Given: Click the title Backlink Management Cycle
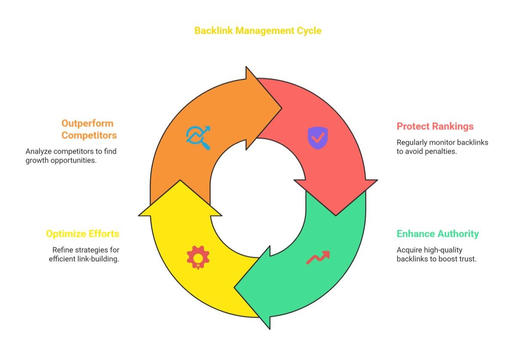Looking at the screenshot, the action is click(x=258, y=31).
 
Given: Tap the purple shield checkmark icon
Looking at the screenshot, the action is click(x=318, y=138).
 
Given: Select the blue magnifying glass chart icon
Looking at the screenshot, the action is click(x=198, y=137).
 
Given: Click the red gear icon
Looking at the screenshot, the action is click(x=198, y=257).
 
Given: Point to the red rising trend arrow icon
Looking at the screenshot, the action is click(x=318, y=257).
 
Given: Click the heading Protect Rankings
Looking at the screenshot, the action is click(x=435, y=126).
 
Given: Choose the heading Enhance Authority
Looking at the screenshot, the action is click(x=437, y=234).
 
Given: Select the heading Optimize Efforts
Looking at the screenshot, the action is click(x=83, y=234).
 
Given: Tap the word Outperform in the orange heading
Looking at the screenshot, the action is click(x=88, y=123).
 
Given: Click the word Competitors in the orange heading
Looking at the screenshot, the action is click(x=89, y=135).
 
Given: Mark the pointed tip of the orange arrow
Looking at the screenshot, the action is click(x=282, y=108).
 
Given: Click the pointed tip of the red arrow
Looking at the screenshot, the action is click(x=336, y=216).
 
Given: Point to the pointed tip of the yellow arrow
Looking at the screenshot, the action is click(x=180, y=180).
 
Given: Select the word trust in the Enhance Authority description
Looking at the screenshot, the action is click(x=467, y=259).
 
